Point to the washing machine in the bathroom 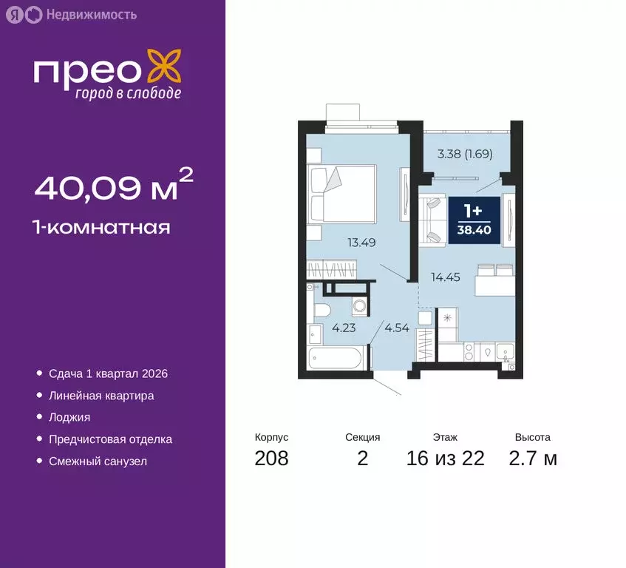[x=358, y=305]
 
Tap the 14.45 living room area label [x=446, y=278]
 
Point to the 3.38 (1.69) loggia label [x=465, y=155]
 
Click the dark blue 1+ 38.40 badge [x=474, y=214]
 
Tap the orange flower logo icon [x=164, y=66]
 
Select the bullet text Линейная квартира [x=101, y=396]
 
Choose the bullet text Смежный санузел [x=98, y=461]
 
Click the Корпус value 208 [x=271, y=459]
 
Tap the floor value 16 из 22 [x=445, y=459]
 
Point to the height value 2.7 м [x=532, y=459]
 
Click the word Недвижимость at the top [x=91, y=14]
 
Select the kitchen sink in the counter [x=506, y=352]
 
